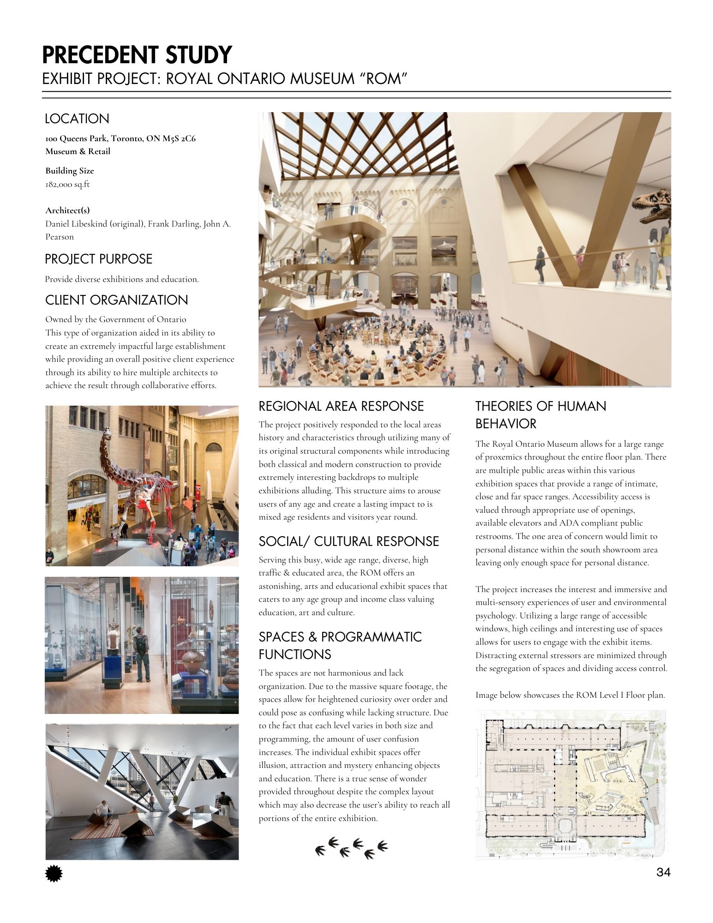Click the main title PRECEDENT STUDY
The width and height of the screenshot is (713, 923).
(137, 55)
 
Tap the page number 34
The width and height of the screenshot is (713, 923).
(663, 872)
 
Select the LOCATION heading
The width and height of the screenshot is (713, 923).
(77, 119)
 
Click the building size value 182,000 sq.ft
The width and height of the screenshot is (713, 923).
(67, 184)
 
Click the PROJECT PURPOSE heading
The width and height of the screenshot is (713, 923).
(98, 259)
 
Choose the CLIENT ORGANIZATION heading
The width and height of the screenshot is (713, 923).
(116, 300)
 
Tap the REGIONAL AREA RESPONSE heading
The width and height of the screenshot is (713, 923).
(341, 406)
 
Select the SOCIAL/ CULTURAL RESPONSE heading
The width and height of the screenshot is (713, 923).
(349, 541)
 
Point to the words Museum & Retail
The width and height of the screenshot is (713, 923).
(78, 151)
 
